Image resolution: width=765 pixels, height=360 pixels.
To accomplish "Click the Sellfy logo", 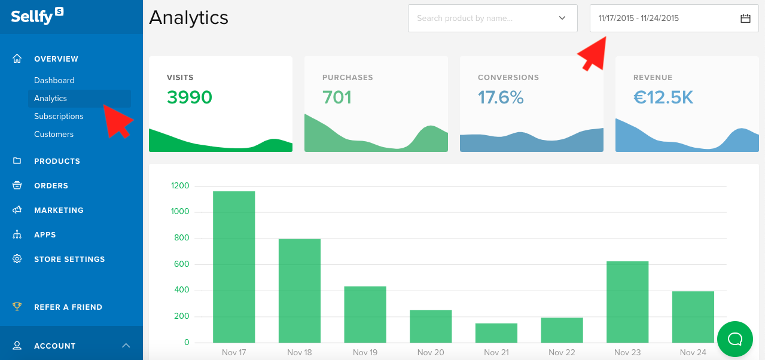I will pos(37,16).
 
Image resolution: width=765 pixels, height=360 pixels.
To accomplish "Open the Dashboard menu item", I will pos(54,80).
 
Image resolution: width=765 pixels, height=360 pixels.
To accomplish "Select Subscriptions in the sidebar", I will pos(59,116).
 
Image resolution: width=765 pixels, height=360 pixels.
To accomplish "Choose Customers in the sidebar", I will pos(54,134).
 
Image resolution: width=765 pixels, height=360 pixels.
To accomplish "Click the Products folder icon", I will pos(17,161).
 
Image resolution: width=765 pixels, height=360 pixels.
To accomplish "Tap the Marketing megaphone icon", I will pos(17,210).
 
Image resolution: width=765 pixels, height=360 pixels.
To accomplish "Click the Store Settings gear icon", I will pos(17,259).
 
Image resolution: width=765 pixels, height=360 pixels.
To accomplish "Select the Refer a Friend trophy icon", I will pos(17,307).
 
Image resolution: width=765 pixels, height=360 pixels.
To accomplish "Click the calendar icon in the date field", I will pos(745,19).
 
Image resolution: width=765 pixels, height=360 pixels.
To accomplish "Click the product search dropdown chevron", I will pos(562,19).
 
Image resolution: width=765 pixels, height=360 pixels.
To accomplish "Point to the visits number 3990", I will pos(190,97).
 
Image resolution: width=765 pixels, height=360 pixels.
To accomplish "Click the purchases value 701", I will pos(337,97).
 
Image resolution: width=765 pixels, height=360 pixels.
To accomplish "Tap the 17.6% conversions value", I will pos(501,97).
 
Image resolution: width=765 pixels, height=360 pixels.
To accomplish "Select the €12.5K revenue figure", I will pos(663,97).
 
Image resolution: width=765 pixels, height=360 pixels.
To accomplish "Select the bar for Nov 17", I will pos(234,267).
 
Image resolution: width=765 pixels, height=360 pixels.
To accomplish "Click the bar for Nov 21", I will pos(496,332).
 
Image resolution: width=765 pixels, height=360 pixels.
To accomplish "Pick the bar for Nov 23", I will pos(627,301).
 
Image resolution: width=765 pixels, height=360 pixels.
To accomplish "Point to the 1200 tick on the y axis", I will pos(179,186).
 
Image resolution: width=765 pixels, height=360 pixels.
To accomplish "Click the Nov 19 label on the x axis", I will pos(365,352).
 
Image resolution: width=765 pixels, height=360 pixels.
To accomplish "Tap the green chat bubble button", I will pos(735,339).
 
